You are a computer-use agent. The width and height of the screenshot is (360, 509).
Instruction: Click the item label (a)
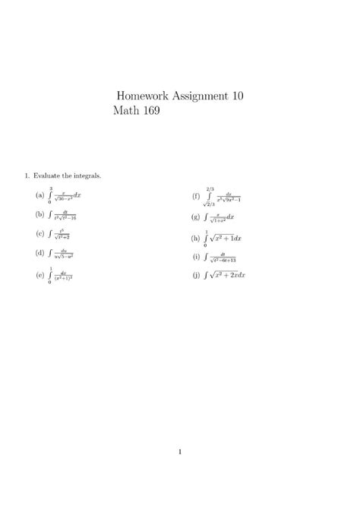[39, 196]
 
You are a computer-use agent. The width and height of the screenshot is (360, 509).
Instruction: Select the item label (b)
[39, 215]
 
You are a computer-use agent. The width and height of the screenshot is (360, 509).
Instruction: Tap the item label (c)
[39, 234]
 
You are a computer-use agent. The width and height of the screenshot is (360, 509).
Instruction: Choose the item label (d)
[39, 253]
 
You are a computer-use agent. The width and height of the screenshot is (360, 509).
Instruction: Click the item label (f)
[196, 197]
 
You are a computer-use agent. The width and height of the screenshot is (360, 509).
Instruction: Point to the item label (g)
[196, 217]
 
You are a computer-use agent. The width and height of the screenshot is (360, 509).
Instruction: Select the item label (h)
[196, 239]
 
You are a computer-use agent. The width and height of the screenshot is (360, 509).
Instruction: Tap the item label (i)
[196, 258]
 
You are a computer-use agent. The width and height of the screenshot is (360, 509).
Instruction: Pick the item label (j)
[196, 274]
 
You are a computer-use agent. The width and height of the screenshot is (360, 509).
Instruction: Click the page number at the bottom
[180, 453]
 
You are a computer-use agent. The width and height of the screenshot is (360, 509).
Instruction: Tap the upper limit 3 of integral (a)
[50, 187]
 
